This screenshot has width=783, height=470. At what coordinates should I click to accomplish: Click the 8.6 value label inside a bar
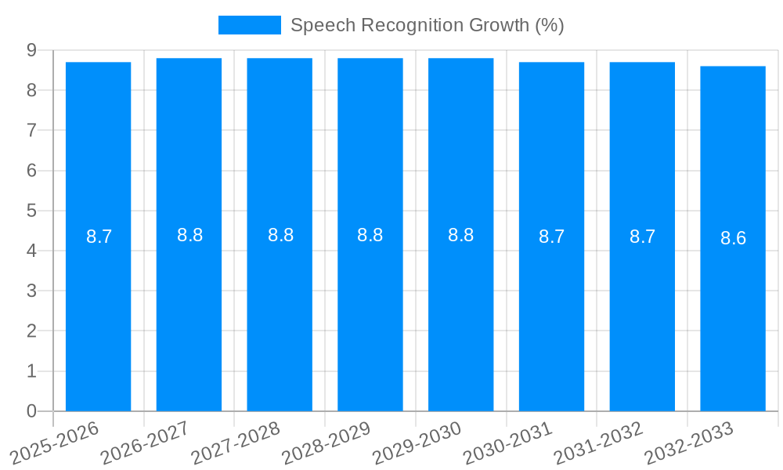tap(733, 238)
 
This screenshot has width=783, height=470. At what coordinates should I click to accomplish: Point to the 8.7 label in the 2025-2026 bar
tap(99, 237)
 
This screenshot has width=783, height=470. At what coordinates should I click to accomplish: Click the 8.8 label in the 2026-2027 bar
tap(189, 235)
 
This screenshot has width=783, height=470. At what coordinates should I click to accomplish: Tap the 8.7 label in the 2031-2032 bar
tap(642, 237)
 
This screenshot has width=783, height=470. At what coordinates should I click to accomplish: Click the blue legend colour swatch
tap(249, 25)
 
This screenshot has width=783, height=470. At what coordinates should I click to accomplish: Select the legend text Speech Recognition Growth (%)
tap(427, 25)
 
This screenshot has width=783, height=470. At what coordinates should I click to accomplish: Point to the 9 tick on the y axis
tap(31, 50)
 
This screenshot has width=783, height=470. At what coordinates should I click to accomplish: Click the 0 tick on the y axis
tap(31, 411)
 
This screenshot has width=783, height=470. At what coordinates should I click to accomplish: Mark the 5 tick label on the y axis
tap(31, 211)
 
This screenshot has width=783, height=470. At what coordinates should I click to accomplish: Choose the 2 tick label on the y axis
tap(31, 331)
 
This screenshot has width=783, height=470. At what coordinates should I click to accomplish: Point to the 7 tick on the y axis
tap(31, 130)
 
